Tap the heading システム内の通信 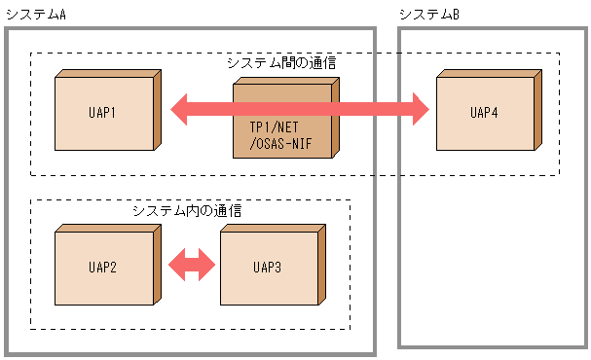tap(187, 209)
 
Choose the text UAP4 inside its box tap(484, 113)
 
